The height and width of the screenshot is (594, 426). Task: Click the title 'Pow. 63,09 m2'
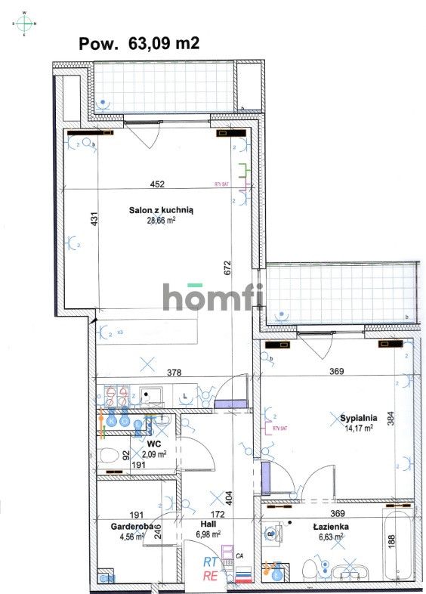[139, 44]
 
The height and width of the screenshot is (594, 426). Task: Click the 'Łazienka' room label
[329, 527]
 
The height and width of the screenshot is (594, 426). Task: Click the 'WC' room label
[155, 444]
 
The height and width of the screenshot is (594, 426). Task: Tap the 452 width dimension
[157, 184]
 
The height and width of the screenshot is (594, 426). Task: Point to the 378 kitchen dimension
[175, 371]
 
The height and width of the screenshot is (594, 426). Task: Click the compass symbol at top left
[25, 23]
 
